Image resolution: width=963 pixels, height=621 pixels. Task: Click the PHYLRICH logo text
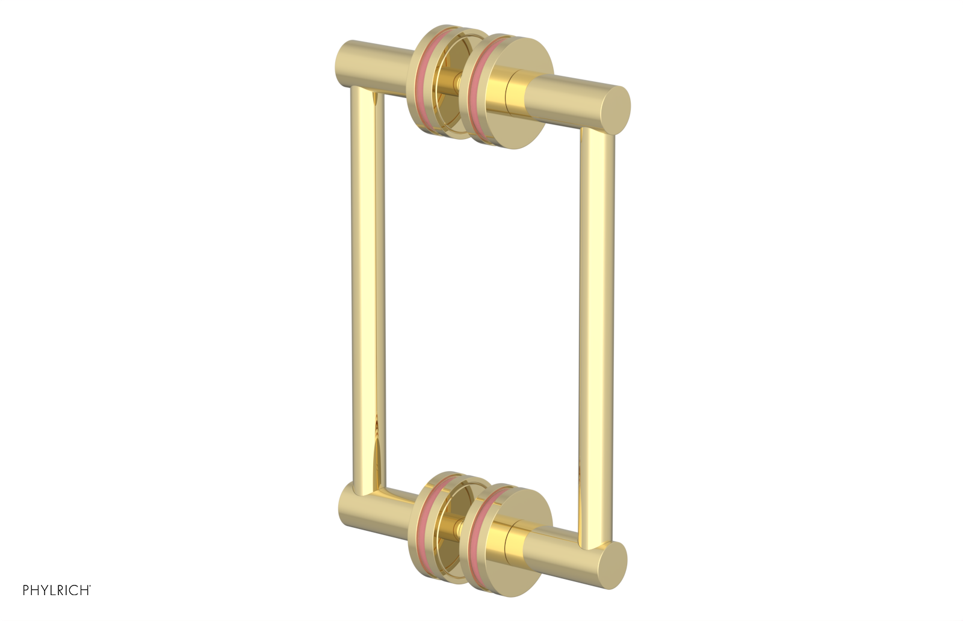57,591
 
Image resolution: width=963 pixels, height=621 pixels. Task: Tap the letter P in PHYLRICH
26,591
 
